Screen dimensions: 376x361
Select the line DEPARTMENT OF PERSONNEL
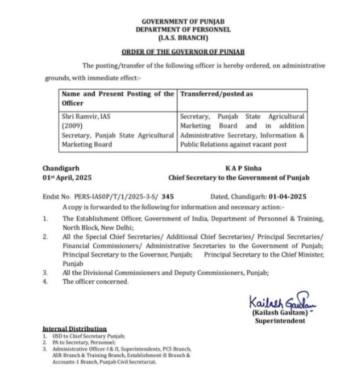pos(182,30)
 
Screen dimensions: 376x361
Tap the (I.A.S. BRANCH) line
pos(182,38)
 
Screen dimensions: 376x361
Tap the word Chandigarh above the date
pos(61,169)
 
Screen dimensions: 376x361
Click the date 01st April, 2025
pos(67,177)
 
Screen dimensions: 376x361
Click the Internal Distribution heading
pos(75,328)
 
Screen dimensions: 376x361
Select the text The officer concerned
pos(96,282)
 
